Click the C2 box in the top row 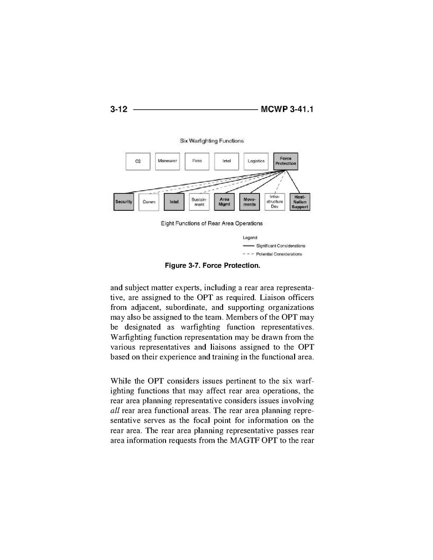tap(138, 161)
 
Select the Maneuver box tap(167, 161)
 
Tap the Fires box tap(197, 161)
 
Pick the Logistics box tap(256, 161)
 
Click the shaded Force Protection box tap(285, 161)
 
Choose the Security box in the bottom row tap(123, 202)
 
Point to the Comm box tap(149, 202)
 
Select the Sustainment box tap(199, 202)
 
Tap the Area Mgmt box tap(224, 202)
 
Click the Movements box tap(249, 202)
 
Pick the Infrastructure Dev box tap(274, 202)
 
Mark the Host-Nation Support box tap(300, 202)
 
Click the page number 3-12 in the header tap(119, 110)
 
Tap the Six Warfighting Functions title tap(212, 141)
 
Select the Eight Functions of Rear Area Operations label tap(212, 223)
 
